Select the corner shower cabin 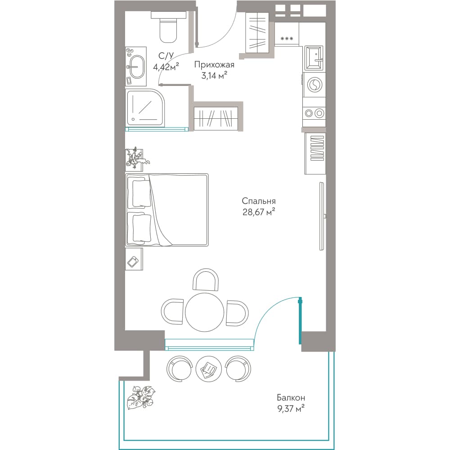[145, 108]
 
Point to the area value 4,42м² [166, 67]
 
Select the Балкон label [291, 398]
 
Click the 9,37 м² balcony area [291, 409]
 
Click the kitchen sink [314, 58]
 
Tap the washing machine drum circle [315, 85]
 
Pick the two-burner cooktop [314, 113]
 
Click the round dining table [204, 312]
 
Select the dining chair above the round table [205, 279]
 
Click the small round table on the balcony [208, 369]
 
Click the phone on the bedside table [134, 262]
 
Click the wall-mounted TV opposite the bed [323, 216]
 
